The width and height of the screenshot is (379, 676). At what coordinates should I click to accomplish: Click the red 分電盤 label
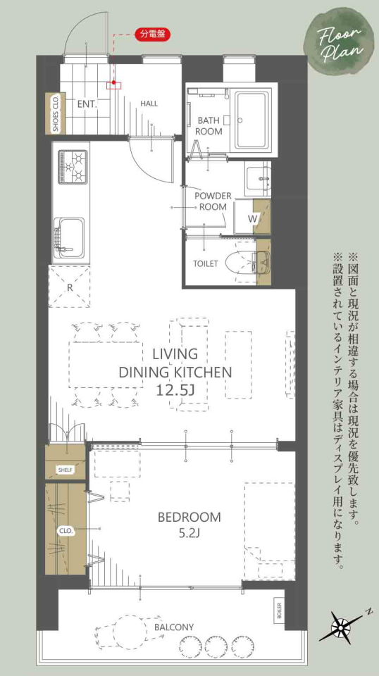coord(153,35)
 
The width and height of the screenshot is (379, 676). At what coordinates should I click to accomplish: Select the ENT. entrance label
coord(87,104)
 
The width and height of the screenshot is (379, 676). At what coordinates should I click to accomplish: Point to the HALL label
coord(149,104)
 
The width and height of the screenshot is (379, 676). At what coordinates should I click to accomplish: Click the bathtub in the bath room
coord(251,119)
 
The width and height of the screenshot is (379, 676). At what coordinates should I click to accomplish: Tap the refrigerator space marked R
coord(70,287)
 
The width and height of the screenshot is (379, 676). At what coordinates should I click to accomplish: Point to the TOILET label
coord(205,264)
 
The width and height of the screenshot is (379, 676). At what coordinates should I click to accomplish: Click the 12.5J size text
coord(176,391)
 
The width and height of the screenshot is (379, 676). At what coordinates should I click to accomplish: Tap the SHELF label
coord(66,470)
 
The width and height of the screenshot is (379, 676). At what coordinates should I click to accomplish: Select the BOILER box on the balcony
coord(280,611)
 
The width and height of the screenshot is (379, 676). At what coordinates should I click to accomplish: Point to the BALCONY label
coord(174,627)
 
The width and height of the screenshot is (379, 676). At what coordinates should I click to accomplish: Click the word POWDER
coord(213,196)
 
